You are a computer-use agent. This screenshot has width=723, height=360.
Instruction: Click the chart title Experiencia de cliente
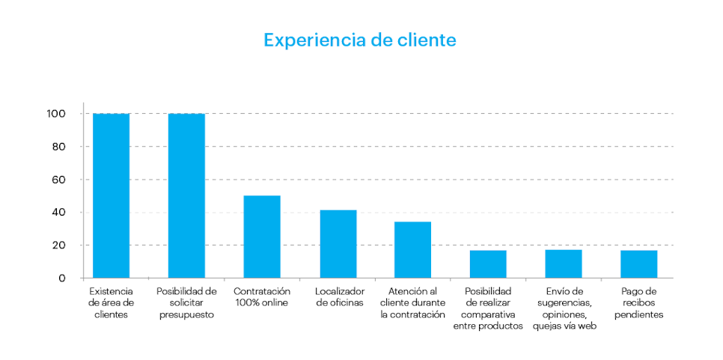click(x=359, y=40)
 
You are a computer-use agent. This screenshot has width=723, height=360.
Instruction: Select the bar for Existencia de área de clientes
click(x=111, y=196)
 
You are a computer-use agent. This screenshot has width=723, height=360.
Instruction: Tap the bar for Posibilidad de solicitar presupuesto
click(x=186, y=196)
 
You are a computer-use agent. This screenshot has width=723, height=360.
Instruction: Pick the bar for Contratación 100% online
click(x=262, y=237)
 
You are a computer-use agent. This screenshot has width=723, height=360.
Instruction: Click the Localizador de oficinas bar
click(x=338, y=244)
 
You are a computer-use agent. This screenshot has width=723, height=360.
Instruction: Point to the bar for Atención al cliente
click(x=413, y=250)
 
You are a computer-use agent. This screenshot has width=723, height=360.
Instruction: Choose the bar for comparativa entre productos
click(x=488, y=264)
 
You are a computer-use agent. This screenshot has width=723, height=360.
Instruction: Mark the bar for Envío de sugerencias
click(x=564, y=264)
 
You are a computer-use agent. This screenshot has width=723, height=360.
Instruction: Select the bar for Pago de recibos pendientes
click(x=638, y=264)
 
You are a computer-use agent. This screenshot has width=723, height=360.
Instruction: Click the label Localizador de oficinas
click(x=338, y=297)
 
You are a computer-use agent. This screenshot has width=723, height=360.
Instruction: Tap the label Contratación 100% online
click(x=262, y=297)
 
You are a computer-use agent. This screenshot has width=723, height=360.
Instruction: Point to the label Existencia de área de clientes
click(x=111, y=303)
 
